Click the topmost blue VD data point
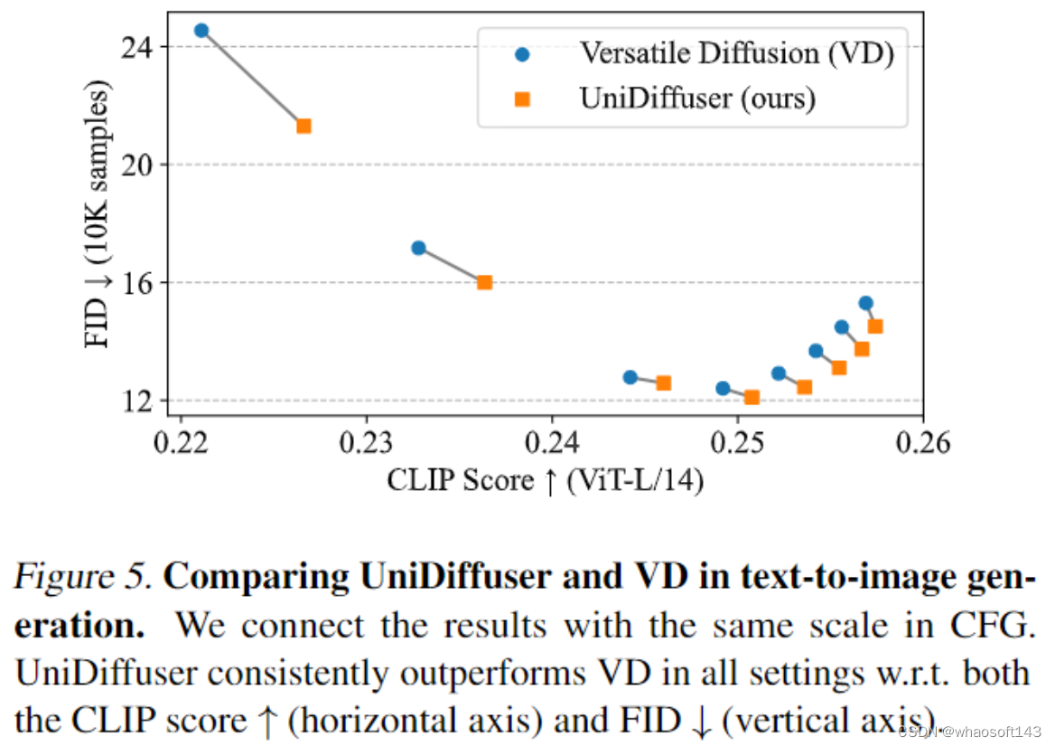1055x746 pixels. coord(201,31)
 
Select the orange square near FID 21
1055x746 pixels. coord(304,127)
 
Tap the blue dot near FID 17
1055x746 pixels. coord(418,248)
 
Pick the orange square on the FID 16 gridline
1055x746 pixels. coord(484,282)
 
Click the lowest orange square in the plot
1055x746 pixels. coord(752,397)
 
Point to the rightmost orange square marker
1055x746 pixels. coord(875,326)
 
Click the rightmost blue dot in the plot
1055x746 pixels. coord(865,303)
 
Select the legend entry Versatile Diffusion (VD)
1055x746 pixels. coord(736,54)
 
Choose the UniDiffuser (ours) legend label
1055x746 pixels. coord(697,98)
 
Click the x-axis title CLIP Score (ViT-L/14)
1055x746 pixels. coord(546,479)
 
